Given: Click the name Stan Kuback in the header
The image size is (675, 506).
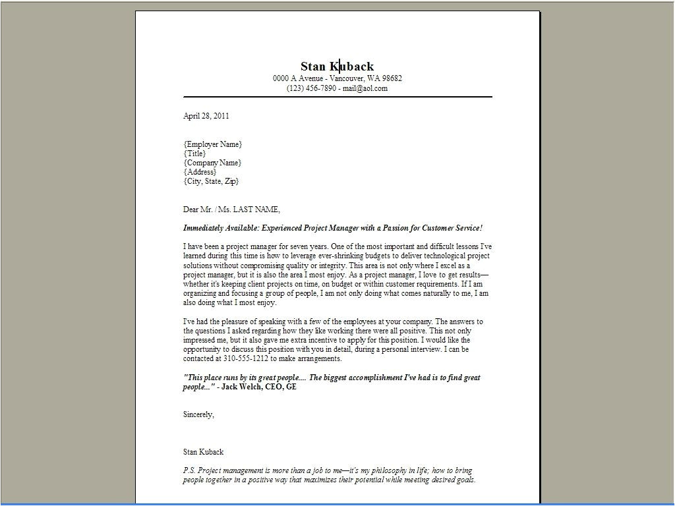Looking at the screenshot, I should point(337,66).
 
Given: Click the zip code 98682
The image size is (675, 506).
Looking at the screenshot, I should point(390,78).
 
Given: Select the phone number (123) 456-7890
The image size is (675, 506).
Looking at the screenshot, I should point(311,88).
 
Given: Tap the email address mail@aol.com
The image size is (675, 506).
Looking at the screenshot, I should point(365,88).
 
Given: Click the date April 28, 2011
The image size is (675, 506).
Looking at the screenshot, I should point(206,116).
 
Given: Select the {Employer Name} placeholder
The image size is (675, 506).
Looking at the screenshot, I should point(212,144).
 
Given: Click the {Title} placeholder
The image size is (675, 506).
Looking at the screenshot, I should point(194,154).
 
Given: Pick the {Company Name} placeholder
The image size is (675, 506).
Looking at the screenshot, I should point(212,163).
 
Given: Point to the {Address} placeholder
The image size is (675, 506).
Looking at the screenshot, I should point(200,172).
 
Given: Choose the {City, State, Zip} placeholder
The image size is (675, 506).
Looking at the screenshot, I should point(211,181).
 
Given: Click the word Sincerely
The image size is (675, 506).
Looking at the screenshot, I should point(198,414).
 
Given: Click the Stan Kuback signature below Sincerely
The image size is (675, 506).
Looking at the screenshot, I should point(203,452).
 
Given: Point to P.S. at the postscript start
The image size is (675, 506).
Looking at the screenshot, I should point(190,471).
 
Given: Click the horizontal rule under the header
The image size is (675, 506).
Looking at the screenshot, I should point(337,97).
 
